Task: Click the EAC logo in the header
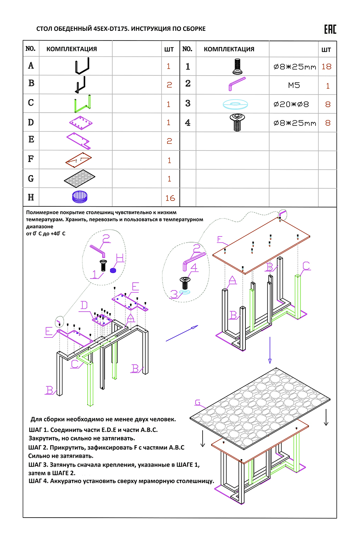tap(330, 29)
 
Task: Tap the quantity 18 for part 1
tap(326, 67)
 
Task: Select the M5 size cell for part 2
tap(294, 85)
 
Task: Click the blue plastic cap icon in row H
tap(80, 197)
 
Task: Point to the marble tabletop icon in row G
tap(79, 179)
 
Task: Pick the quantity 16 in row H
tap(170, 198)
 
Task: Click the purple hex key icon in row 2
tap(237, 84)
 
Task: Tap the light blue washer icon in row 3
tap(235, 104)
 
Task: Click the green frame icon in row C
tap(83, 103)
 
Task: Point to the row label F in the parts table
tap(31, 159)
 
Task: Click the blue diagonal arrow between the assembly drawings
tap(182, 333)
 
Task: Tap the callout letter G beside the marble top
tap(198, 403)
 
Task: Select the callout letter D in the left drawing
tap(84, 305)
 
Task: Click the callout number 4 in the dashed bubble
tap(194, 267)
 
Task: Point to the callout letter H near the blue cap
tap(120, 258)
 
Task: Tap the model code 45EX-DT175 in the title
tap(111, 29)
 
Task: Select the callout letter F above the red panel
tap(220, 240)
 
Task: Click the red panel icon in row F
tap(79, 160)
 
